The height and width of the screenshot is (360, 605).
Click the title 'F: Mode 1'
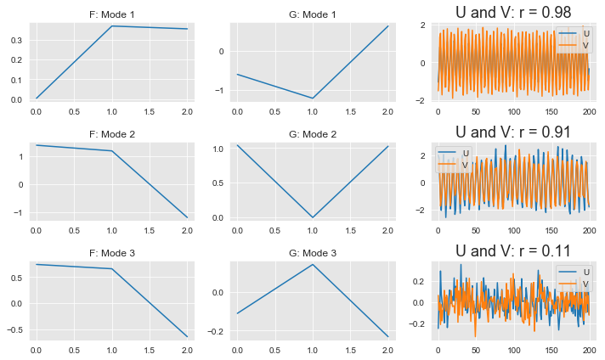click(112, 14)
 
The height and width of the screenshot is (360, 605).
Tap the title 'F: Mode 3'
click(112, 252)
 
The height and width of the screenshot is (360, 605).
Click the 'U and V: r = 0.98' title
click(513, 12)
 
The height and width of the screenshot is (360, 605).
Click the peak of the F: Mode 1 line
click(112, 26)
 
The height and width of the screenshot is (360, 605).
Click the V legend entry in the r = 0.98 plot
click(578, 45)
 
